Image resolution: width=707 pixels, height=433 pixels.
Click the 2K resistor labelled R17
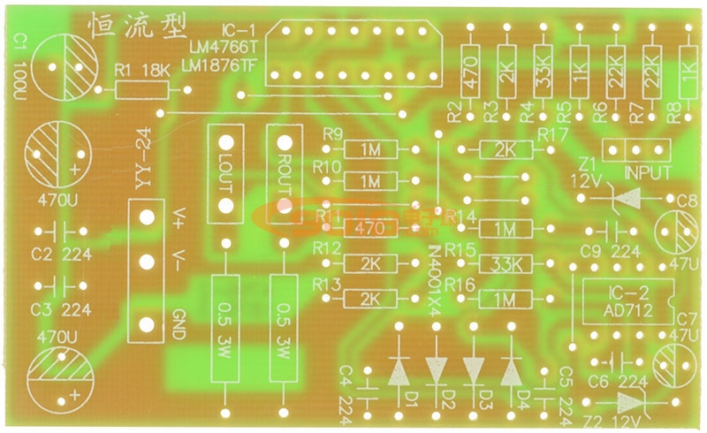coord(505,149)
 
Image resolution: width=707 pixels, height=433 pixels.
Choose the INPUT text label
coord(647,172)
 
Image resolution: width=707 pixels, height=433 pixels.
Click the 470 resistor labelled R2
coord(470,66)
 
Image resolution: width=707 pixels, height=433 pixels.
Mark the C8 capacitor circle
coord(678,232)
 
